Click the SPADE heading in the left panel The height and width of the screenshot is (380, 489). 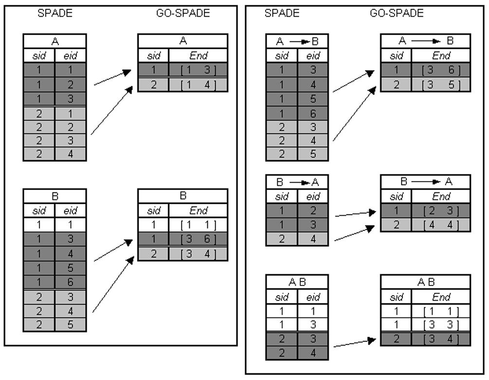coord(54,14)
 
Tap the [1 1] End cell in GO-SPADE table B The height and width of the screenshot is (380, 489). coord(198,225)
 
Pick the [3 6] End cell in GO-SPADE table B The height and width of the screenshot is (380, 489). coord(198,239)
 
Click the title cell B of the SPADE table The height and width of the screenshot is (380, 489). coord(54,196)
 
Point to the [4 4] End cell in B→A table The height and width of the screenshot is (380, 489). coord(441,225)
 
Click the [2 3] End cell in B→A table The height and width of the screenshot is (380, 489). coord(441,210)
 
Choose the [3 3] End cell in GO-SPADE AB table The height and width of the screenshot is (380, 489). coord(441,324)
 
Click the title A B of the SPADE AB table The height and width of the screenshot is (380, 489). coord(297,282)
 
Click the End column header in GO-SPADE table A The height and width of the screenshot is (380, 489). coord(198,56)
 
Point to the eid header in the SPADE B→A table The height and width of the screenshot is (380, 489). coord(313,196)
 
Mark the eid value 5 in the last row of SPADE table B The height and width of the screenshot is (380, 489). coord(71,324)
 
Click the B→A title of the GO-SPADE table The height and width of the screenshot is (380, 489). coord(425,182)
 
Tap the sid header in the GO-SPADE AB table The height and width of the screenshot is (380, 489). coord(396,296)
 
